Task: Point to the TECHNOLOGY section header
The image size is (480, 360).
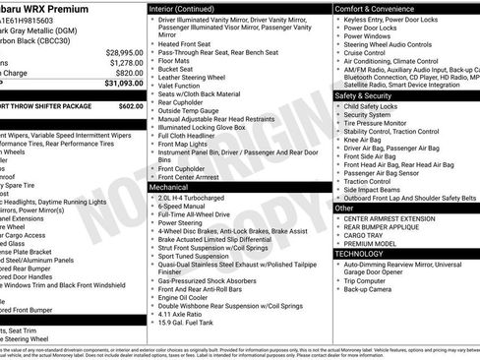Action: point(360,254)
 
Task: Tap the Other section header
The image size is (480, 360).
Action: point(345,209)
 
